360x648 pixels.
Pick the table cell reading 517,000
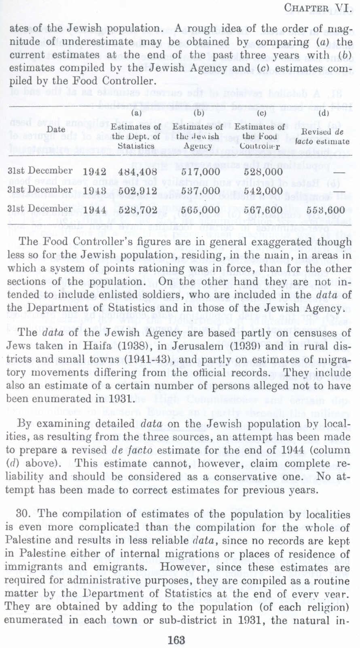pyautogui.click(x=201, y=171)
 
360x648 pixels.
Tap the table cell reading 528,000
pyautogui.click(x=263, y=171)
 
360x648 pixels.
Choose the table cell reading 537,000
pyautogui.click(x=201, y=190)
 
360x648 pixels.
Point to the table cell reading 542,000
pyautogui.click(x=263, y=190)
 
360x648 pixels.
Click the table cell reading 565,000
pyautogui.click(x=201, y=210)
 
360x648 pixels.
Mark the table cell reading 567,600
pyautogui.click(x=263, y=210)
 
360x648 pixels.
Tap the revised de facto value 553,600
pyautogui.click(x=326, y=210)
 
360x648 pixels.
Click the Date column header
pyautogui.click(x=56, y=129)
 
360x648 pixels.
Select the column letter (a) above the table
pyautogui.click(x=137, y=114)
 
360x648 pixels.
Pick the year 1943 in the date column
pyautogui.click(x=95, y=190)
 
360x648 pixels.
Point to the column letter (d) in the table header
pyautogui.click(x=324, y=114)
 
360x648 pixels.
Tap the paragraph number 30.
pyautogui.click(x=23, y=514)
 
